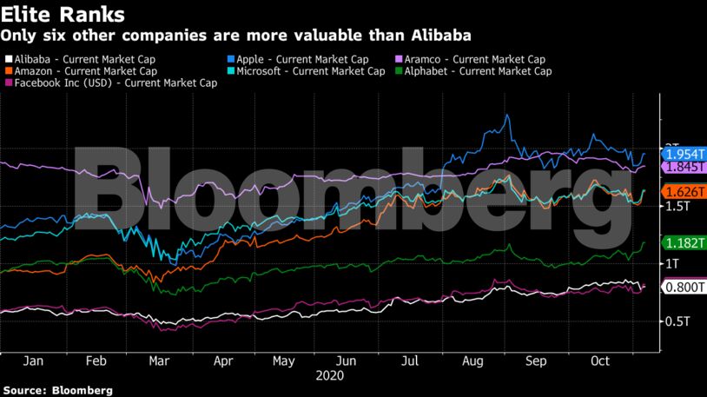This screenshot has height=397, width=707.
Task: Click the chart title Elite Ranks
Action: [63, 15]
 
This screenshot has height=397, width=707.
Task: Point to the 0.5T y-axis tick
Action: [677, 321]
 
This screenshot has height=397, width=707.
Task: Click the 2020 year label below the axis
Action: [329, 375]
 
